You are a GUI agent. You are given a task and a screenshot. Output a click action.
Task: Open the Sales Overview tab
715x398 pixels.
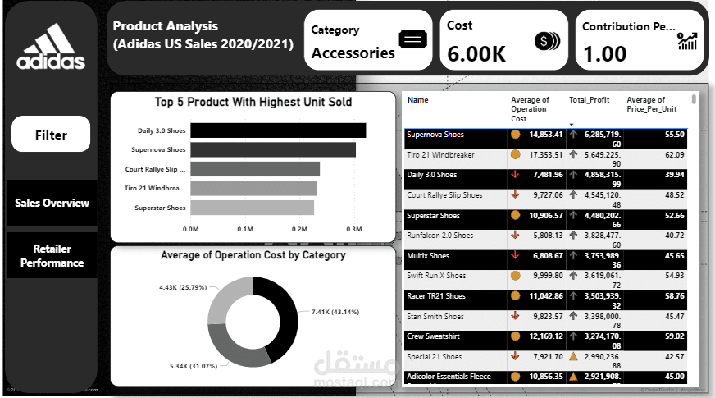tap(52, 203)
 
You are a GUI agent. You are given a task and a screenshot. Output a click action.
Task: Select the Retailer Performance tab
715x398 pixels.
tap(52, 256)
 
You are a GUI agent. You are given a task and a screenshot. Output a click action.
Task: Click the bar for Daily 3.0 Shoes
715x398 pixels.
tap(278, 130)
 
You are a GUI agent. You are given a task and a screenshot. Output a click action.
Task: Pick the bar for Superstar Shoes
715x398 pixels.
tap(252, 208)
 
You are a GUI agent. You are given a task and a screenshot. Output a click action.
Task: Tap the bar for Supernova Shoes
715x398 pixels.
tap(273, 149)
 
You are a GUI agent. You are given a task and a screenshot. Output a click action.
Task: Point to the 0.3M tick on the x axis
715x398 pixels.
tap(354, 230)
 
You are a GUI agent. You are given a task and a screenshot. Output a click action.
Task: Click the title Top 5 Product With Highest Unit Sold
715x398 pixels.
tap(253, 103)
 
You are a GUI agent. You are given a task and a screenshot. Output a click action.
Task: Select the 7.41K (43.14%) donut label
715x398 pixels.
tap(335, 313)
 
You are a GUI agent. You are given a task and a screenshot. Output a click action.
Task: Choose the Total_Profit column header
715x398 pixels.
tap(589, 100)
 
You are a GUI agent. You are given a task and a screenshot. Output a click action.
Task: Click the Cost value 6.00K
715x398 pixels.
tap(476, 54)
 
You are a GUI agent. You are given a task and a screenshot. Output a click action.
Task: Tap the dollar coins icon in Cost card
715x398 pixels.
tap(546, 41)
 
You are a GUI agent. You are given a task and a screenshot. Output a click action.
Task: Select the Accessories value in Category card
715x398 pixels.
tap(353, 53)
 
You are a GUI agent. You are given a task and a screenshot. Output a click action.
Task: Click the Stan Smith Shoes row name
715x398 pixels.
tap(435, 316)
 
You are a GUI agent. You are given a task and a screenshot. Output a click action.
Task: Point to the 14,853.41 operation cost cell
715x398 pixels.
tap(545, 134)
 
